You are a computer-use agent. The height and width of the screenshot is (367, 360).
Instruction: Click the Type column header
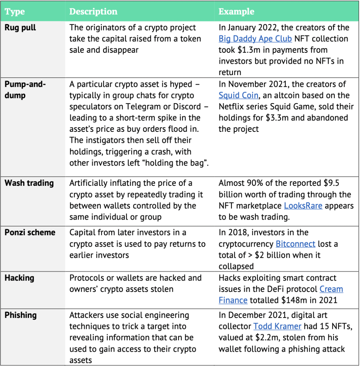click(x=15, y=12)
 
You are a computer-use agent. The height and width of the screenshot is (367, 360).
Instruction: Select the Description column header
click(x=93, y=12)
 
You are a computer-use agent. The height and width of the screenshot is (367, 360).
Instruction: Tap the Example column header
click(x=236, y=12)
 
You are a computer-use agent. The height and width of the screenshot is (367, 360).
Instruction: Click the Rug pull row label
click(x=20, y=28)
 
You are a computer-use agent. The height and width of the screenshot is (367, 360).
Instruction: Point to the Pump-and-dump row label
click(x=25, y=90)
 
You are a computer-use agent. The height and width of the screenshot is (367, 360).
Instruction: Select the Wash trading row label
click(x=29, y=183)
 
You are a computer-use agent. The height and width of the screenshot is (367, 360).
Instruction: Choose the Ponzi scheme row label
click(x=30, y=233)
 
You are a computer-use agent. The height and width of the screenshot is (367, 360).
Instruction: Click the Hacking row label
click(x=19, y=278)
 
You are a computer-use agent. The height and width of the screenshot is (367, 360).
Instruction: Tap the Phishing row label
click(x=21, y=315)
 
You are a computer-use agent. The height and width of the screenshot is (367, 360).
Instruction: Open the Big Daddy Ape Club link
click(x=255, y=39)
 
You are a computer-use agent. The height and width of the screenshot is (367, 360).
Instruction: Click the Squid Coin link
click(x=238, y=95)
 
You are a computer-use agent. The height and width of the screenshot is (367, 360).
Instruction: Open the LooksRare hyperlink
click(x=303, y=206)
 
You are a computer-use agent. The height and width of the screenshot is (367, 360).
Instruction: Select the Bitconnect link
click(x=295, y=244)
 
